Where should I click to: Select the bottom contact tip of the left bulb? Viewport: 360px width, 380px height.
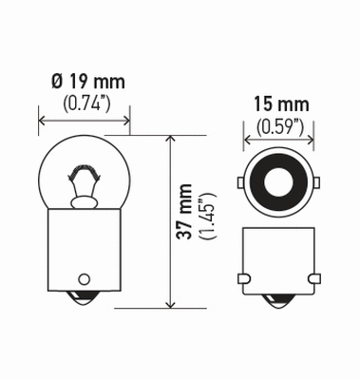click(84, 302)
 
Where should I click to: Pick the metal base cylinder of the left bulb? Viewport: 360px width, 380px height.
click(84, 252)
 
